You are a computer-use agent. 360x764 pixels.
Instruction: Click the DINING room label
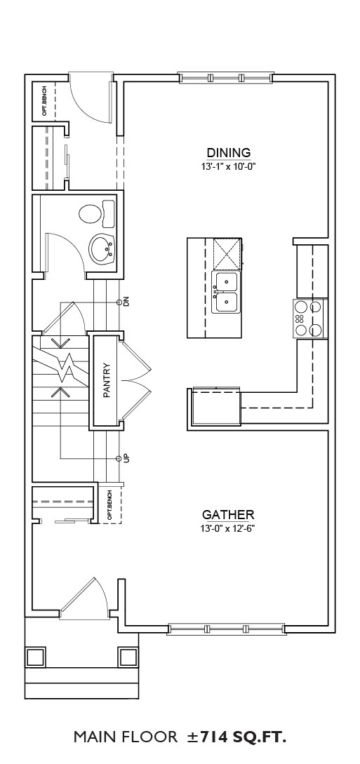[229, 152]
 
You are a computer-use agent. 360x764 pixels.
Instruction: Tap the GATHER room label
[228, 514]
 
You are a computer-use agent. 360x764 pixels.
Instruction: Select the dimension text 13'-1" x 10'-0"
[229, 166]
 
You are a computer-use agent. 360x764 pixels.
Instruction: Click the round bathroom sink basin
[102, 248]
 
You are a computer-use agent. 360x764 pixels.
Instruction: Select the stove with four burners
[309, 319]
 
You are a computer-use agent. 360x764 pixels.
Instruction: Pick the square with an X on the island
[227, 254]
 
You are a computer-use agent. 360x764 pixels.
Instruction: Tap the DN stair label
[126, 302]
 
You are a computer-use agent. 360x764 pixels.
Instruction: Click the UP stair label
[126, 459]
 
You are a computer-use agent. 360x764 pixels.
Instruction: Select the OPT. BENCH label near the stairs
[109, 505]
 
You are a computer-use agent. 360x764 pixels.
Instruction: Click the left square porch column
[35, 657]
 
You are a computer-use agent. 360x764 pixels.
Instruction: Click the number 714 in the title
[212, 737]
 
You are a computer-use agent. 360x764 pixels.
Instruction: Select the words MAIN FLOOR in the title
[126, 737]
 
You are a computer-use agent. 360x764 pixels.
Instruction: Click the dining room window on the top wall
[225, 77]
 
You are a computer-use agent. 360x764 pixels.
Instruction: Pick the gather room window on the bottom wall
[225, 629]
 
